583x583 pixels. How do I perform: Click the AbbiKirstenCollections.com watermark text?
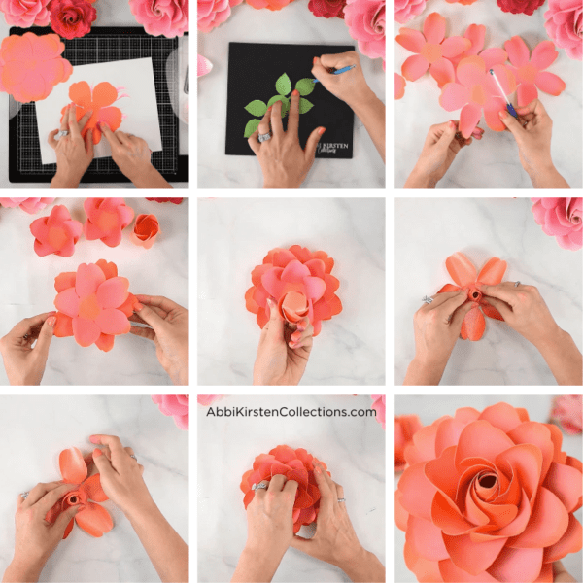(291, 412)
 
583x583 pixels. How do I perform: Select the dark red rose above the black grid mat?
(73, 15)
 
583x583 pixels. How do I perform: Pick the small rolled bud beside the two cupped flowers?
(146, 229)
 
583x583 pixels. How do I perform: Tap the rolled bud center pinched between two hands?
(475, 294)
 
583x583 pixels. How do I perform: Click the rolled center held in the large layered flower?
(293, 307)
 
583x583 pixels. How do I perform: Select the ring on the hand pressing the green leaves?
(264, 137)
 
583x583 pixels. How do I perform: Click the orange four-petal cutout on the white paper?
(95, 107)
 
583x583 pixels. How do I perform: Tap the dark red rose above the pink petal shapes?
(521, 6)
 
